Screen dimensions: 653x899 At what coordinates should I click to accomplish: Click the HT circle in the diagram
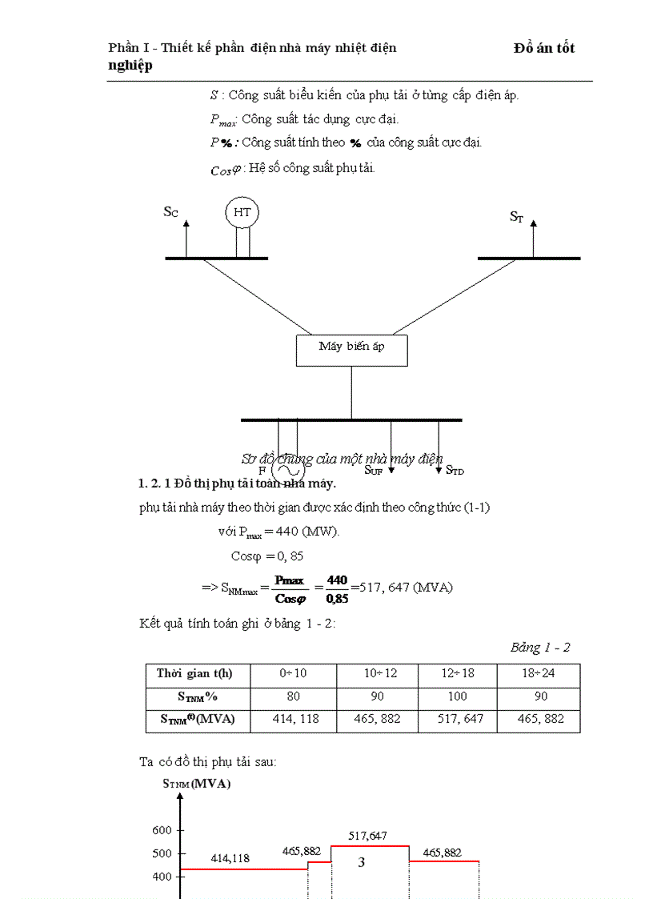(242, 212)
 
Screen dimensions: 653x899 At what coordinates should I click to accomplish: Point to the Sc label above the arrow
(170, 211)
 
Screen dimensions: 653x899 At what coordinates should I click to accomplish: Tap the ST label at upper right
(517, 216)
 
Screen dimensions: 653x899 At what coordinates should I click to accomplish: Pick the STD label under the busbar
(455, 470)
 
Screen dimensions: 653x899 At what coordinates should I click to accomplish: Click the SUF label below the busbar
(374, 470)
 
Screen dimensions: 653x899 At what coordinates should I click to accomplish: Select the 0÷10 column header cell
(294, 674)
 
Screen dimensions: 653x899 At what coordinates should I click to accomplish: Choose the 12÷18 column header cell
(458, 674)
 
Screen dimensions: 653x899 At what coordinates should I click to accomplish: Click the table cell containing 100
(458, 696)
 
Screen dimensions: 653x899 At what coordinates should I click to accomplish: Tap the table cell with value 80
(294, 696)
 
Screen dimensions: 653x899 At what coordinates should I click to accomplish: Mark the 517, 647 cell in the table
(458, 719)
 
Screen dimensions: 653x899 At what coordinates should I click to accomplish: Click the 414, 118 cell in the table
(294, 719)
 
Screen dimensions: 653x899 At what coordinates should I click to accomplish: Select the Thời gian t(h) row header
(198, 674)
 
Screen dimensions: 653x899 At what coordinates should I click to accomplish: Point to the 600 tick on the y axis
(162, 830)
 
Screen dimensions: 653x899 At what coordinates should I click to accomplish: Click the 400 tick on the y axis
(162, 877)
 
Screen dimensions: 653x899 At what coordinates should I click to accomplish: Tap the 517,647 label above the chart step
(368, 836)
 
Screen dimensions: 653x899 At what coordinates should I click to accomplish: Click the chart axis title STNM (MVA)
(197, 784)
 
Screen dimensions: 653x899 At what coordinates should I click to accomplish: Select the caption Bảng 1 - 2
(540, 647)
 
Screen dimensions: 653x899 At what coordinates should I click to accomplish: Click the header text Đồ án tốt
(544, 48)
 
